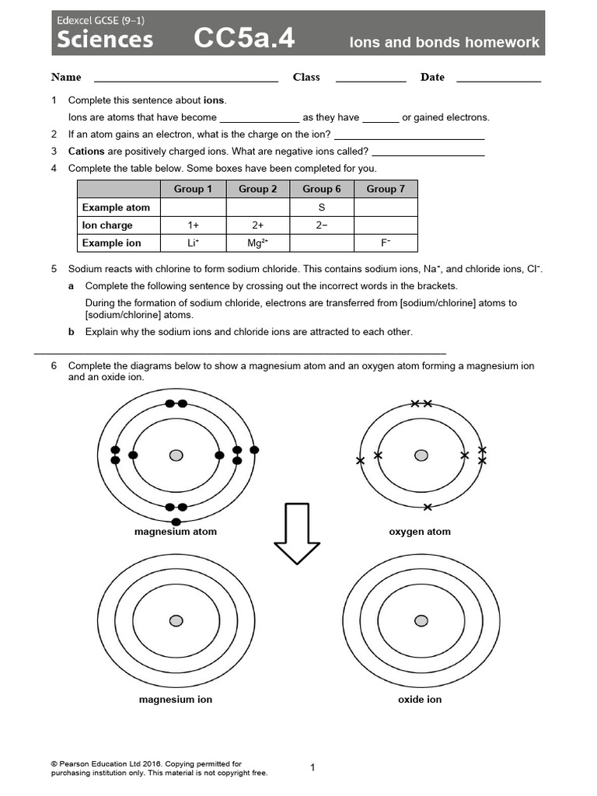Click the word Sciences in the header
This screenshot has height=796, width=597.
[x=103, y=40]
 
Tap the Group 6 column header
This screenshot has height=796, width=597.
[x=322, y=189]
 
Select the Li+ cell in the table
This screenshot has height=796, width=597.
[x=194, y=243]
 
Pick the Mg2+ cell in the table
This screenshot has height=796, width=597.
[x=257, y=243]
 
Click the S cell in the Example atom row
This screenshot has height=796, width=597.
[x=322, y=208]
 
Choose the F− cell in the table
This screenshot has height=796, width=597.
[x=386, y=243]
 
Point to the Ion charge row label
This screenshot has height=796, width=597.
[x=107, y=225]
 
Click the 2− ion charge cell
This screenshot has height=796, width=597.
[x=322, y=225]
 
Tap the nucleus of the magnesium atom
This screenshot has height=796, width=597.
[x=176, y=455]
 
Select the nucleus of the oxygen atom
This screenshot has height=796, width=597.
[x=421, y=455]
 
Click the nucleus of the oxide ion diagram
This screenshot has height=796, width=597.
[x=421, y=620]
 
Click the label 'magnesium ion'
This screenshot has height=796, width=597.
[x=176, y=700]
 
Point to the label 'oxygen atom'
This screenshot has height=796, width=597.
[x=420, y=532]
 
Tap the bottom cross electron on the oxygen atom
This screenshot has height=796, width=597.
[x=427, y=507]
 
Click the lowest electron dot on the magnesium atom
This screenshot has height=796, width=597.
[x=176, y=522]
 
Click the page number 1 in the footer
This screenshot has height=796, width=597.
[x=312, y=768]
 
